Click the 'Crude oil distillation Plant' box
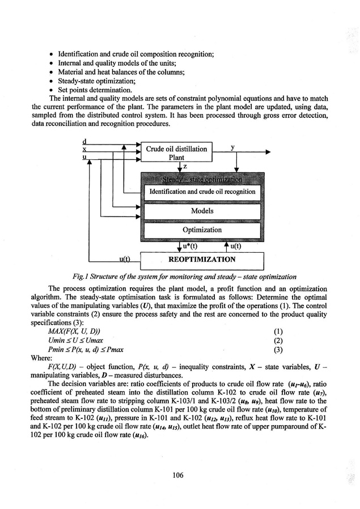176,152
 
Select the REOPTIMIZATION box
202,260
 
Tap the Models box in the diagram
202,211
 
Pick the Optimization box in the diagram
202,230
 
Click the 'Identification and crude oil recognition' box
202,192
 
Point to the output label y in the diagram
232,147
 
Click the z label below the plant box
185,166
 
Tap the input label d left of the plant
84,141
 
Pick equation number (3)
278,350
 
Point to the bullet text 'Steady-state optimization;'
94,81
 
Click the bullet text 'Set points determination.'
93,90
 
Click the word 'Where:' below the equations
44,359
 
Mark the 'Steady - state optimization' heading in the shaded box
202,180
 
